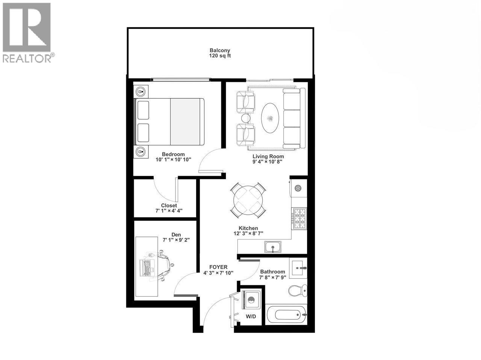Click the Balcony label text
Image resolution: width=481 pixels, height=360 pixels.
(220, 50)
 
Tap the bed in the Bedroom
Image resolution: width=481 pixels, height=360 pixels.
(170, 122)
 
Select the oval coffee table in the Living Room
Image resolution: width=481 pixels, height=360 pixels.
(270, 118)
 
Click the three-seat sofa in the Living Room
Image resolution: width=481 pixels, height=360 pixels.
(292, 119)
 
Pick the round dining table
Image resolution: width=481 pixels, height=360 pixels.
(248, 199)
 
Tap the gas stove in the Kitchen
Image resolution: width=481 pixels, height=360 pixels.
(299, 218)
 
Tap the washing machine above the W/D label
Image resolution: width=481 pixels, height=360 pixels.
(251, 300)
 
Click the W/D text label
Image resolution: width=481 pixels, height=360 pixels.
(251, 316)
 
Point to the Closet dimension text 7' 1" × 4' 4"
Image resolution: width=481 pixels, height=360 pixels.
(169, 211)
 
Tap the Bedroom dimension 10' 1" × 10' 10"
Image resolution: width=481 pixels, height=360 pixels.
(174, 160)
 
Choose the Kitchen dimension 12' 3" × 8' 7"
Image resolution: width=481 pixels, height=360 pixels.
(248, 233)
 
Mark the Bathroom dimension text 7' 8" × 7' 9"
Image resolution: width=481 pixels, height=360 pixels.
(272, 278)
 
